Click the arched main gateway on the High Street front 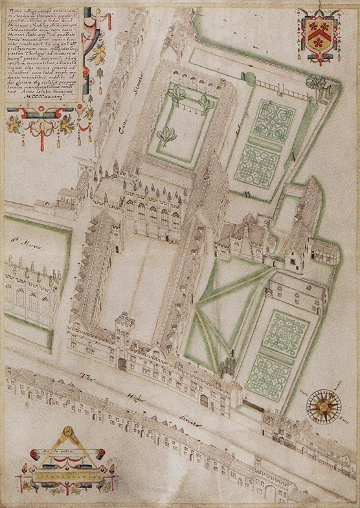pos(122,365)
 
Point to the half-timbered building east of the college pos(321,249)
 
